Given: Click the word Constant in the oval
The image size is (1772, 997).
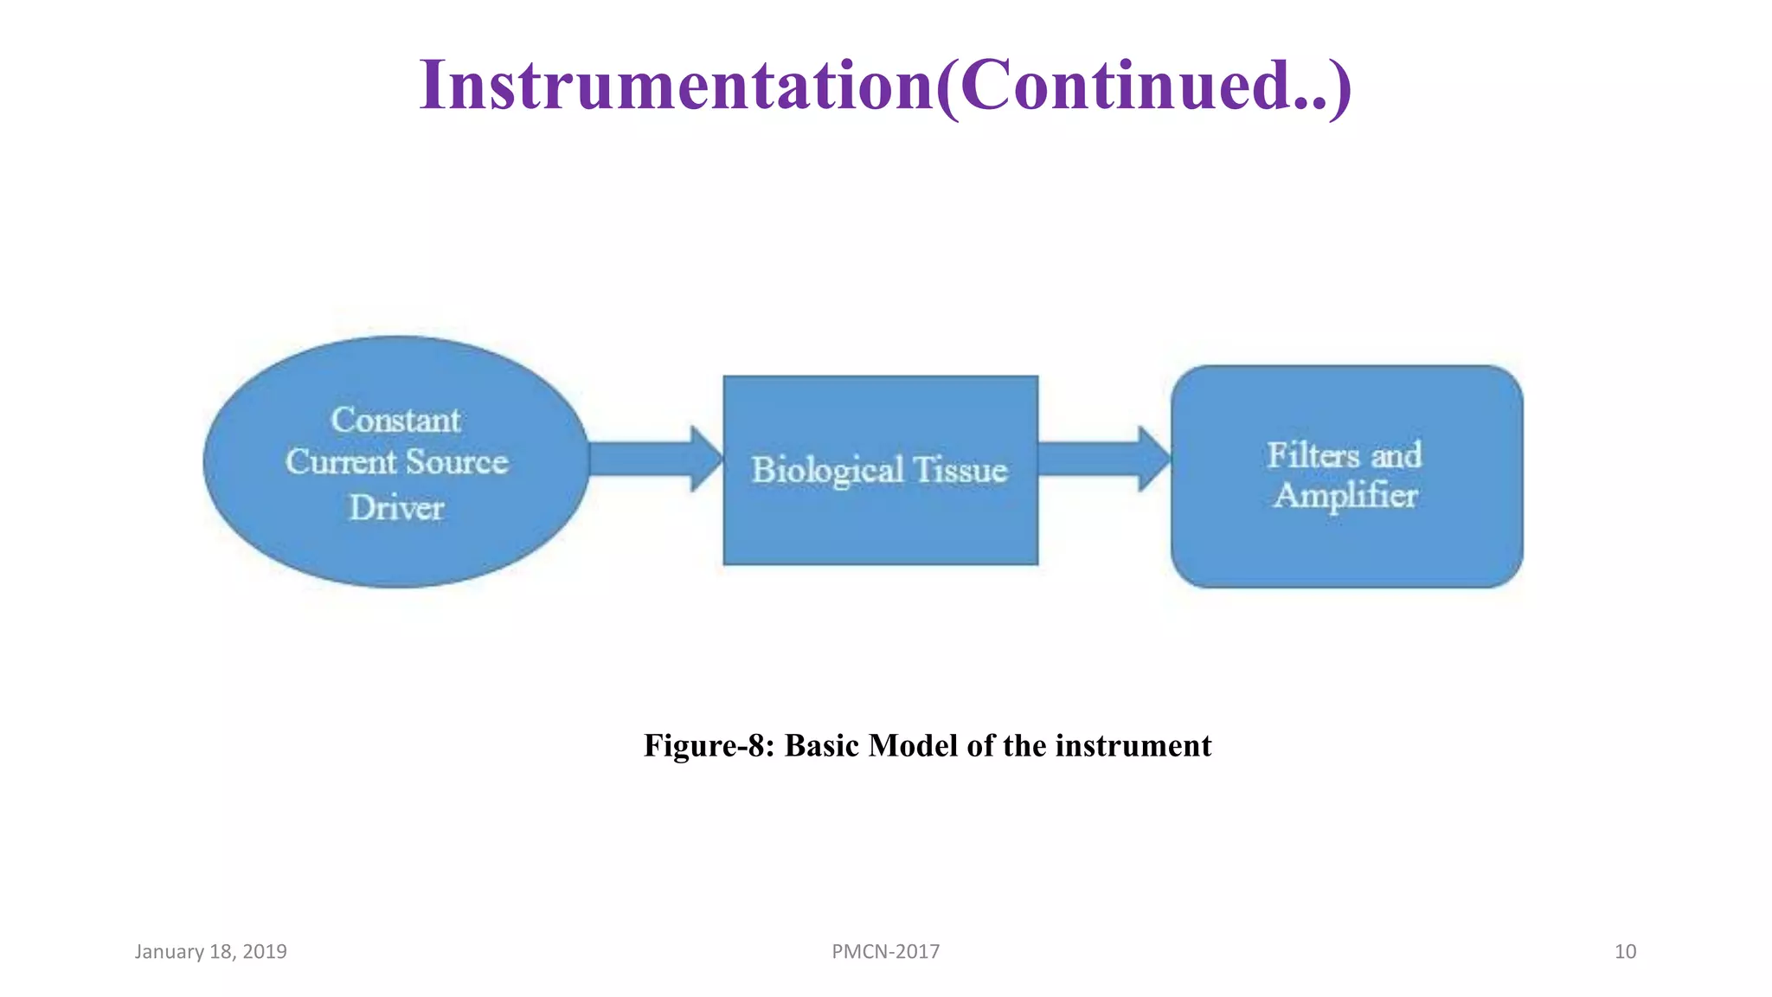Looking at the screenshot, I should point(395,421).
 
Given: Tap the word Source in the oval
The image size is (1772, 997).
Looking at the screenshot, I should point(456,462).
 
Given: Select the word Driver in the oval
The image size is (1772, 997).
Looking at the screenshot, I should point(396,508).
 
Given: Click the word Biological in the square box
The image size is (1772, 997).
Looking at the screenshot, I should point(827,471).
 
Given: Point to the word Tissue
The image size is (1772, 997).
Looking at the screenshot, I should point(960,471).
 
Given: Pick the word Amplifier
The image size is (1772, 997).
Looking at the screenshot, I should point(1345,496).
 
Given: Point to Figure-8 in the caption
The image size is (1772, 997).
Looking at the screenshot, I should point(708,745).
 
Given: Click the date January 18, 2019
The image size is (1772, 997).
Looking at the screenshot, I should point(210,951).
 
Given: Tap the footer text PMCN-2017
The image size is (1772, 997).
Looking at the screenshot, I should point(885,951).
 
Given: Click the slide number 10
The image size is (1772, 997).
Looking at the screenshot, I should point(1625,951).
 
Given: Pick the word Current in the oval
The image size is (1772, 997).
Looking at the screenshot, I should point(341,462).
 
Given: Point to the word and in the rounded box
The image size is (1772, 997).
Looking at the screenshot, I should point(1396,455).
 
